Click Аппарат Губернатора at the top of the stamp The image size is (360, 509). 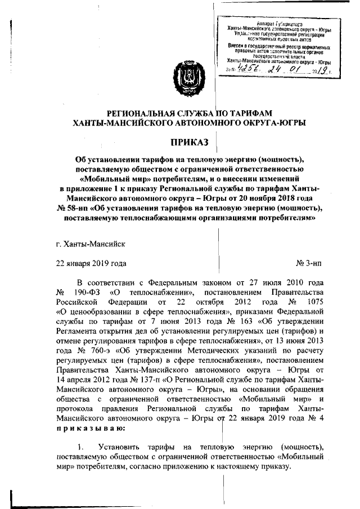point(277,25)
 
